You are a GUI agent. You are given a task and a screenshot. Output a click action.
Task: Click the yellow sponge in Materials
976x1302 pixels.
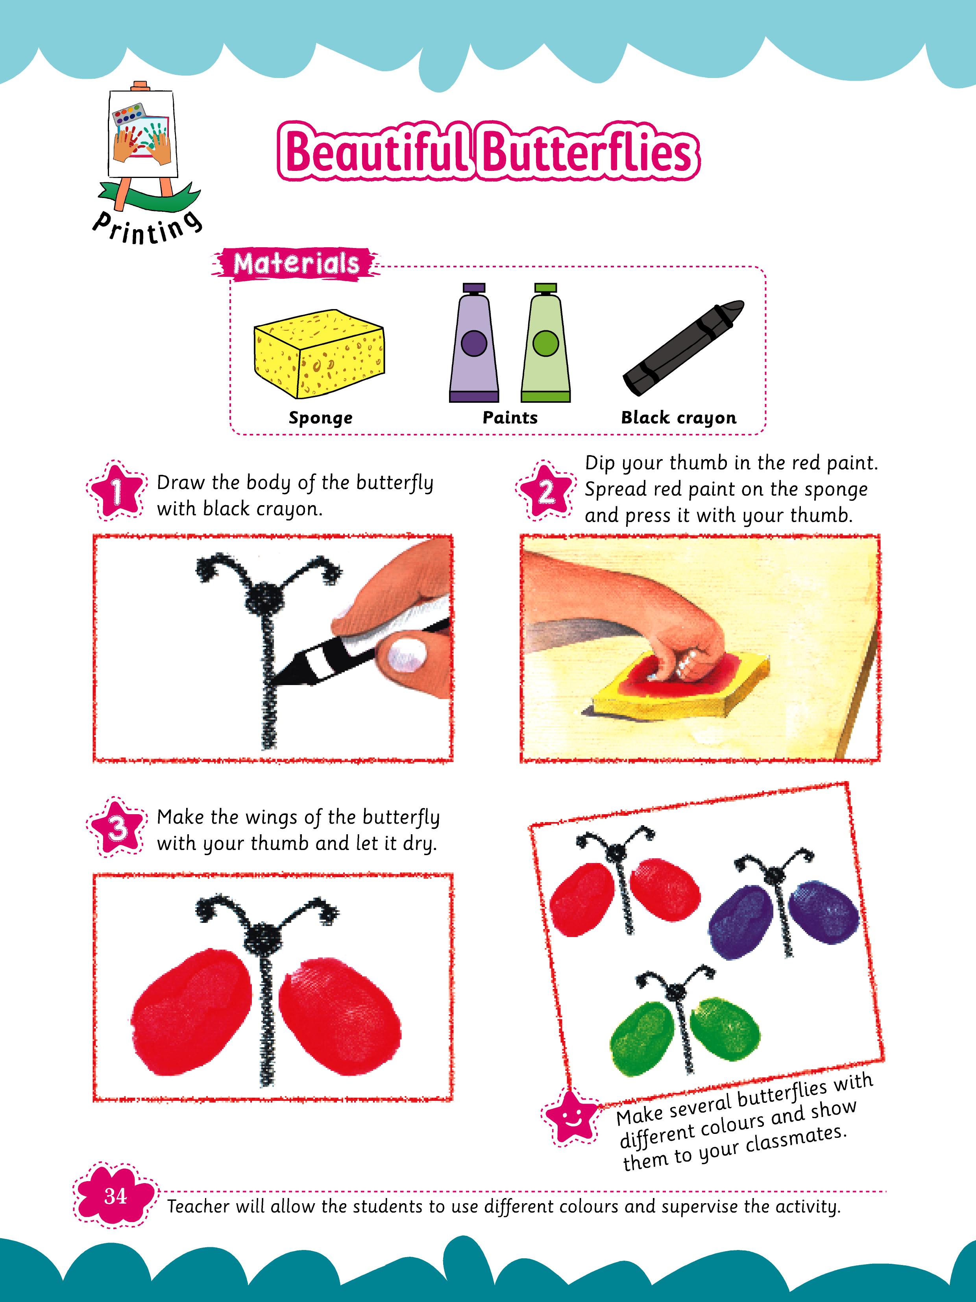click(x=319, y=353)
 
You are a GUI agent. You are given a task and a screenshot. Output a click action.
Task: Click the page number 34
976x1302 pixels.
click(x=115, y=1195)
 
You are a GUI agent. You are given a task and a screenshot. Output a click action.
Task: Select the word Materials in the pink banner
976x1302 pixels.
click(x=296, y=264)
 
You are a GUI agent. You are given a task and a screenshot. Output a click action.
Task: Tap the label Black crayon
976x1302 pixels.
click(x=678, y=418)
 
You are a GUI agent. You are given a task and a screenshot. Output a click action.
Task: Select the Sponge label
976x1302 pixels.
click(x=321, y=418)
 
